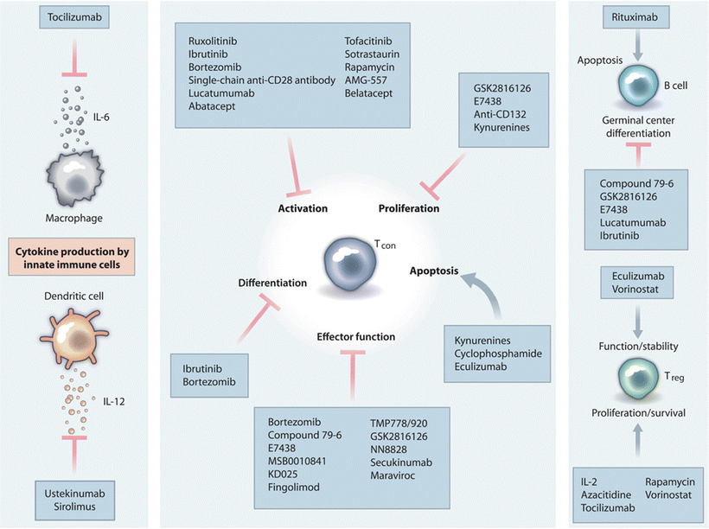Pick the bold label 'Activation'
[x=303, y=208]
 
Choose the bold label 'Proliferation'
[x=409, y=208]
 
